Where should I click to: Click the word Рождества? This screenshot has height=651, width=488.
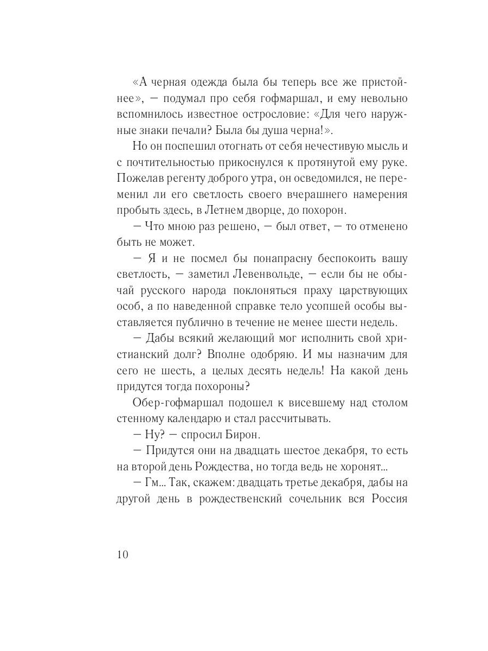[245, 466]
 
